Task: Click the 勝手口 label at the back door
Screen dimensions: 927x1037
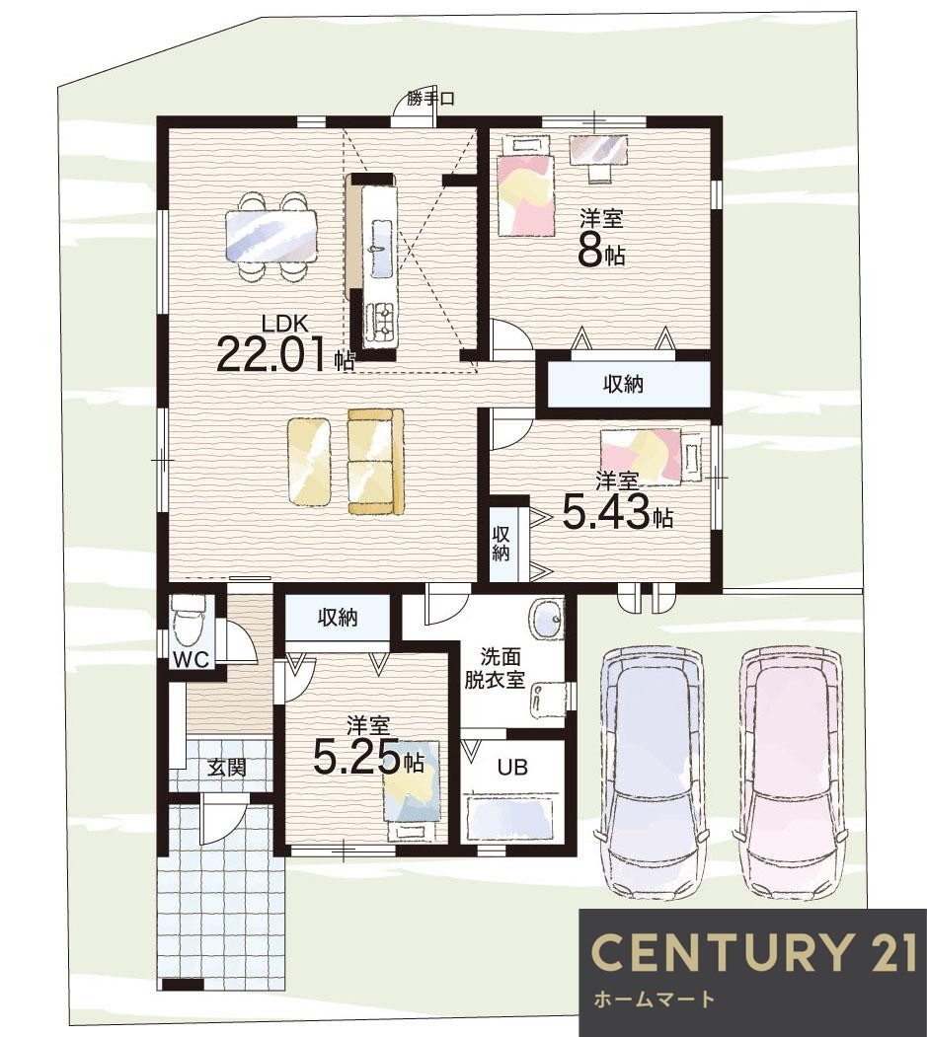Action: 430,100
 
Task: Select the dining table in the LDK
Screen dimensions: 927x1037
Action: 270,236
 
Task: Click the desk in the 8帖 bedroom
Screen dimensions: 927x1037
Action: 599,149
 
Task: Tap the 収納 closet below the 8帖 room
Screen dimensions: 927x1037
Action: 623,384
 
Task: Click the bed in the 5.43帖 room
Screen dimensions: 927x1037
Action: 651,456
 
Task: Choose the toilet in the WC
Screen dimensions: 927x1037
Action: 189,622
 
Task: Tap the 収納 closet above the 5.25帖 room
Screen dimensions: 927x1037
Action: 338,617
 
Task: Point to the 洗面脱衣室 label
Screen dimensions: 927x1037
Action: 500,669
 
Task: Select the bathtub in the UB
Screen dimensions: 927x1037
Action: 510,817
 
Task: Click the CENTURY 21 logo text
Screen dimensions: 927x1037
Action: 753,952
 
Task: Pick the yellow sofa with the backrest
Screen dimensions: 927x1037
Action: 375,461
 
